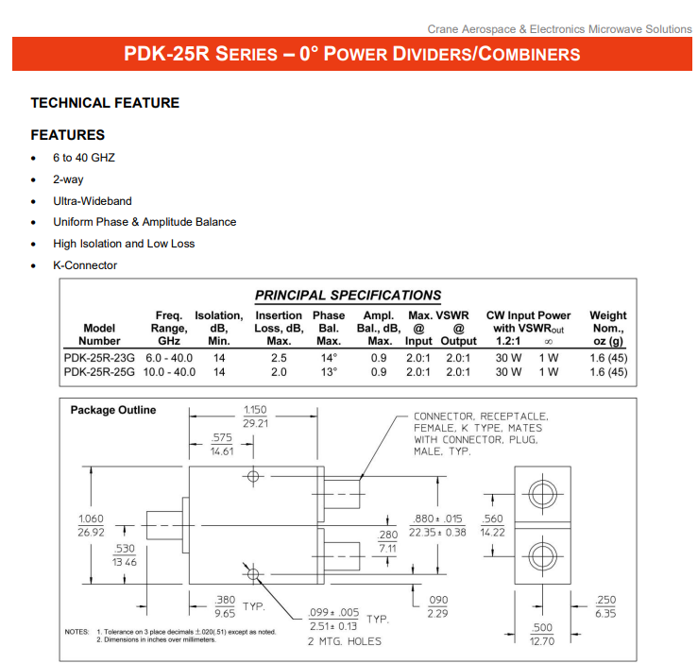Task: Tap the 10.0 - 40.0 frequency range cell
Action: coord(170,372)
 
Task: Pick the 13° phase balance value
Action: coord(329,372)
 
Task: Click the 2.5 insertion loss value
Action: coord(279,358)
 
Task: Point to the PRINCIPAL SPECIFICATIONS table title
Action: coord(348,296)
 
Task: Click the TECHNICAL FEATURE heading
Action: coord(105,102)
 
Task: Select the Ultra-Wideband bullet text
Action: coord(93,201)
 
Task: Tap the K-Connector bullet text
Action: coord(85,265)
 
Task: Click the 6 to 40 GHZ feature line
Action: coord(84,158)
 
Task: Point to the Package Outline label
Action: coord(113,410)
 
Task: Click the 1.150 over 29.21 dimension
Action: coord(255,416)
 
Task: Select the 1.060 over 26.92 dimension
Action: coord(91,526)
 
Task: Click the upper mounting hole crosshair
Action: coord(253,476)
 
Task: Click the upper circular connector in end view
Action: coord(541,495)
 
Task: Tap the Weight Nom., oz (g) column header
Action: coord(607,328)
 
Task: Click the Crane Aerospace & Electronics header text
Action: coord(559,29)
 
